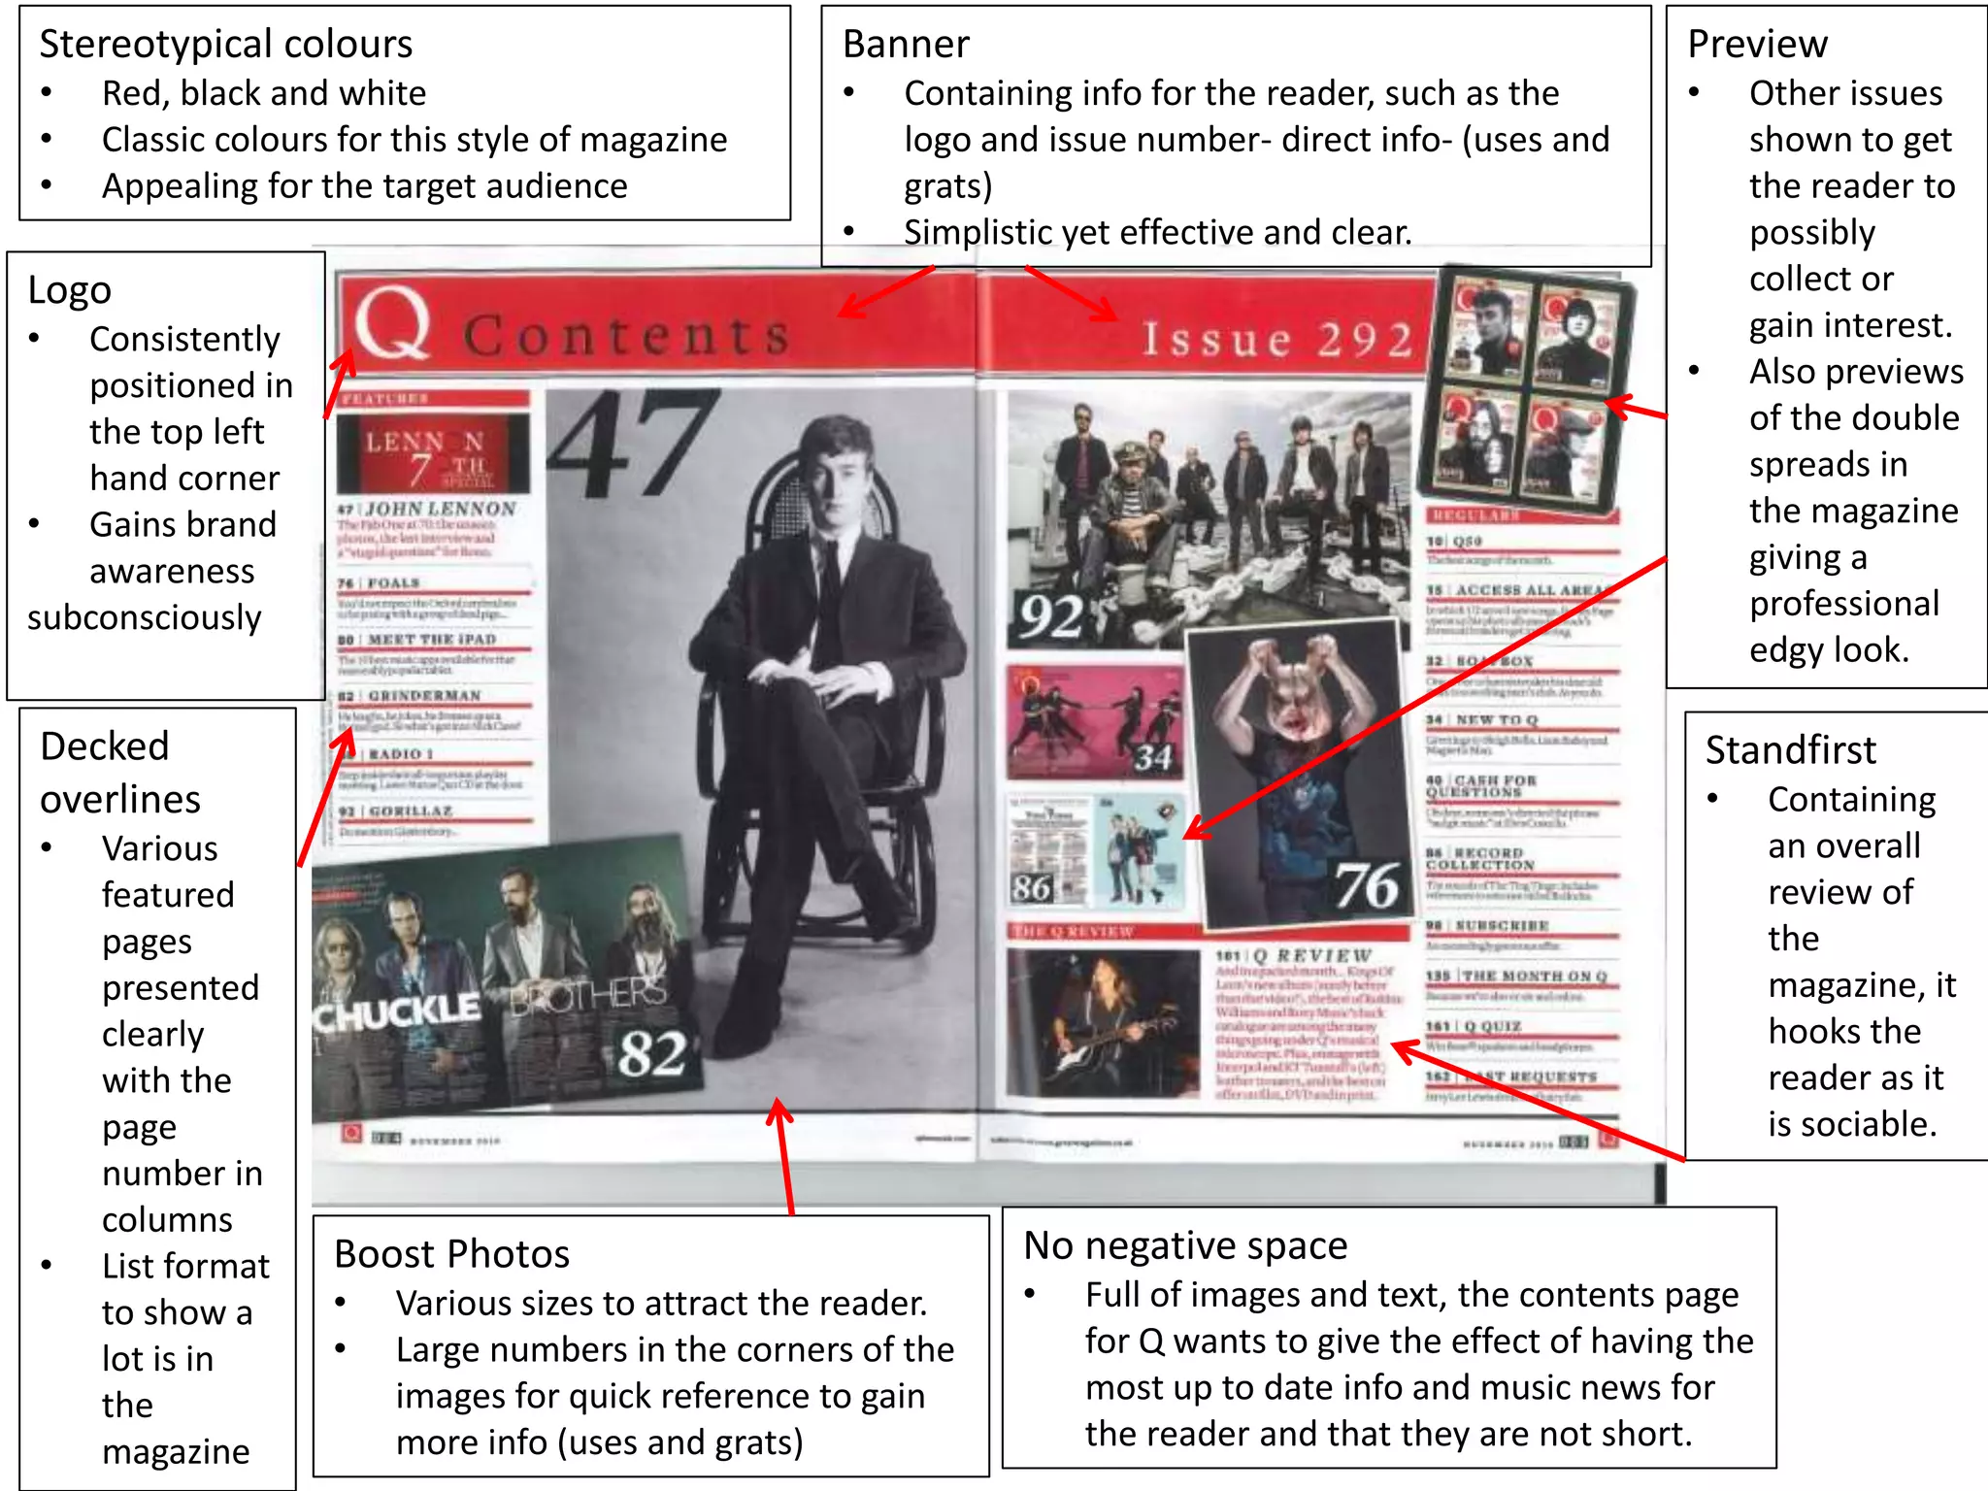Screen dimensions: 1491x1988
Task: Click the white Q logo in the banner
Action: click(392, 324)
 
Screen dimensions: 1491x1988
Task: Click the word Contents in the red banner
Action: click(626, 336)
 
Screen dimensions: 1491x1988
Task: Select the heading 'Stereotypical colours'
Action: click(225, 45)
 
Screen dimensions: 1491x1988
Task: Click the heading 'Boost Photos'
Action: click(451, 1254)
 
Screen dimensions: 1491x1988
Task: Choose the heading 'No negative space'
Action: click(1185, 1245)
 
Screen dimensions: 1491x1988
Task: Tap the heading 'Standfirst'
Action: click(1790, 750)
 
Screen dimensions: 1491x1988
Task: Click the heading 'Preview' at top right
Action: click(1757, 45)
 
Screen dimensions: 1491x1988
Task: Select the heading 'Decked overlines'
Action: click(120, 773)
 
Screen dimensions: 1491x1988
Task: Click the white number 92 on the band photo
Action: click(1051, 617)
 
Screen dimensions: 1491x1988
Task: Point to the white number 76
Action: click(1366, 885)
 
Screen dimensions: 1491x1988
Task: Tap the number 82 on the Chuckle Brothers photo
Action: click(652, 1053)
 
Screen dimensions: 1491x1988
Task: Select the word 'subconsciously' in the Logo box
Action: click(144, 618)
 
